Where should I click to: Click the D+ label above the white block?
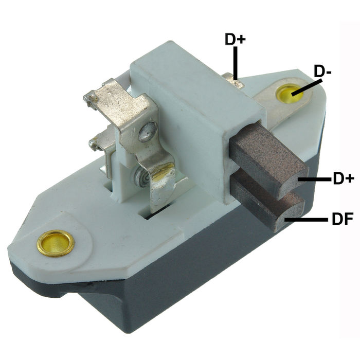coord(235,39)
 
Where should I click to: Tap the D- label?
coord(322,73)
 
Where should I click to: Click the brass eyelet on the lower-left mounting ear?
coord(56,243)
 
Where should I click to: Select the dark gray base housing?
coord(170,288)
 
